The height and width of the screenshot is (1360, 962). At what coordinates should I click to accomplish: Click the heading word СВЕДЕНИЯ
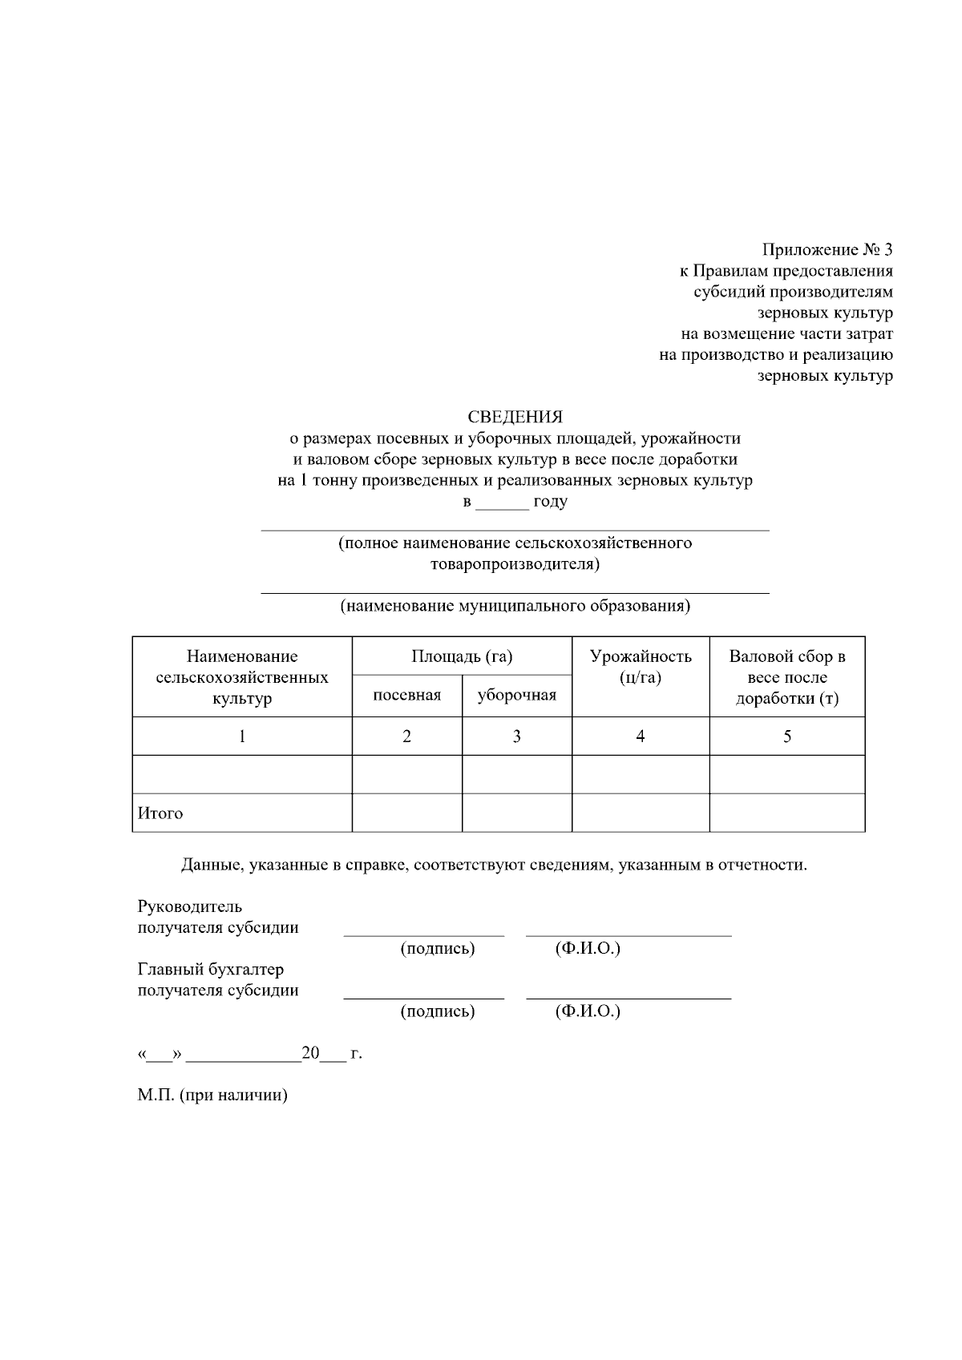coord(515,417)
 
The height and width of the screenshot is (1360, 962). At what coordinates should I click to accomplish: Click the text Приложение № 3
coord(827,250)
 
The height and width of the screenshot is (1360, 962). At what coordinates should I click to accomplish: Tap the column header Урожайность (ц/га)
coord(641,667)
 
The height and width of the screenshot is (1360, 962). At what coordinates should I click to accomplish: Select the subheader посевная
coord(407,695)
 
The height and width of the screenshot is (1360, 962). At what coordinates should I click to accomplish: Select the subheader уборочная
coord(517,695)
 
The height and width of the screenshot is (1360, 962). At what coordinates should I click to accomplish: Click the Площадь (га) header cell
coord(462,656)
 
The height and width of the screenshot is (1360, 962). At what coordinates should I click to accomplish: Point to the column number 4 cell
coord(641,736)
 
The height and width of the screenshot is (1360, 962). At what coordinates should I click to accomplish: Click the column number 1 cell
coord(242,736)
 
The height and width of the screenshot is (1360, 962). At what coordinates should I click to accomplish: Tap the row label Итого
coord(160,813)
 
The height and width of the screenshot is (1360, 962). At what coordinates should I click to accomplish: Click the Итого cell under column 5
coord(786,813)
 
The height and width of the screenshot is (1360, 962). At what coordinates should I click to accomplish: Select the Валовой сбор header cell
coord(786,677)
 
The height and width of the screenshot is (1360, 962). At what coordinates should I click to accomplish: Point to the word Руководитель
coord(190,907)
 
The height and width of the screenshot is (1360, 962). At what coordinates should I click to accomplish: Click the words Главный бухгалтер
coord(211,970)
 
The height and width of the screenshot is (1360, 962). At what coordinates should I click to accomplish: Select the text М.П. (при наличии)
coord(212,1096)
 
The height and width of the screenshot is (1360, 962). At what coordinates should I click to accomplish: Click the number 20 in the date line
coord(310,1053)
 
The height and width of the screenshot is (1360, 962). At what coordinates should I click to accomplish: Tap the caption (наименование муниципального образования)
coord(515,606)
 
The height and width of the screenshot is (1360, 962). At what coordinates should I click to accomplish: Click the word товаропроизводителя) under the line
coord(515,564)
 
